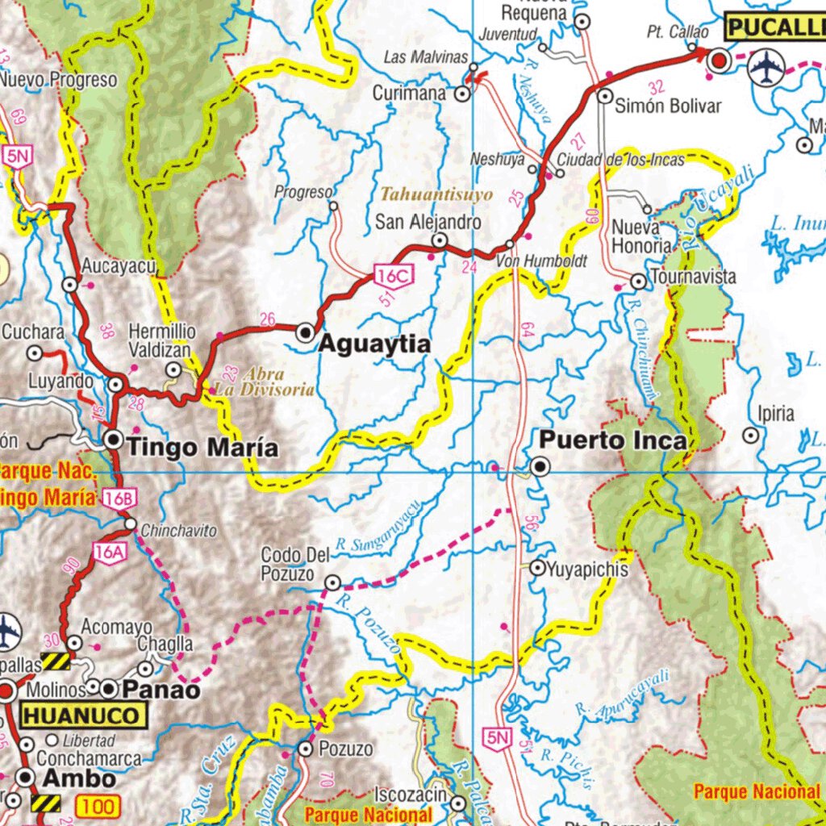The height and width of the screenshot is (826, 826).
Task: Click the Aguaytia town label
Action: click(x=374, y=344)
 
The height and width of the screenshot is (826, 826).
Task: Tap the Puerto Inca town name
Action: click(x=612, y=440)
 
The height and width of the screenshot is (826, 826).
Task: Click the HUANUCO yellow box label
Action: click(x=85, y=715)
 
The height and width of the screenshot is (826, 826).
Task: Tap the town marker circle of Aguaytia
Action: click(x=305, y=332)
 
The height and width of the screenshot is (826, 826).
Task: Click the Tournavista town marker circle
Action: click(x=638, y=282)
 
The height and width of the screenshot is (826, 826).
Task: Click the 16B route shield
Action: click(x=117, y=499)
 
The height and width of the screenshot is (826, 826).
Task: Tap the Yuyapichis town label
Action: click(x=586, y=569)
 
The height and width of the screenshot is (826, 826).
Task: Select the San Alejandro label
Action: click(x=428, y=222)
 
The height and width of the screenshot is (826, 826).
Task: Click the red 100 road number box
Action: click(x=100, y=805)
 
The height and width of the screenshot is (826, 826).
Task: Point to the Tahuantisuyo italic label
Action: click(x=436, y=194)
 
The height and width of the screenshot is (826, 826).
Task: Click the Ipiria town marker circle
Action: click(x=752, y=436)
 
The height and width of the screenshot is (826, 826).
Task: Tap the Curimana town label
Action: click(x=409, y=94)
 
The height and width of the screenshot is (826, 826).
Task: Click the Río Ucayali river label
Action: click(x=716, y=196)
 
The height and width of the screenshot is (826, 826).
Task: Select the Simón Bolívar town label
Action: click(x=667, y=106)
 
